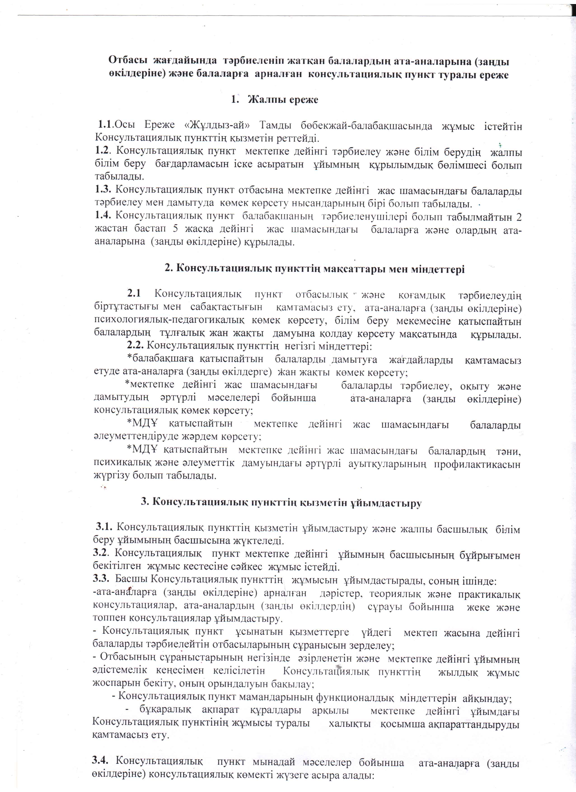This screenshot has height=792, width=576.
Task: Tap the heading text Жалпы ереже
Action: click(x=283, y=100)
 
